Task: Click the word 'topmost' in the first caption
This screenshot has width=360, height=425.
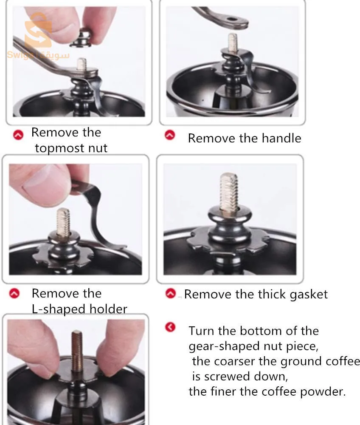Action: click(56, 148)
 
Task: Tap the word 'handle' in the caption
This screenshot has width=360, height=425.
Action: click(281, 138)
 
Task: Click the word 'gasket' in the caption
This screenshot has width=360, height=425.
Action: click(309, 295)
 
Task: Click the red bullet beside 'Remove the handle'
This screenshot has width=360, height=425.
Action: click(170, 135)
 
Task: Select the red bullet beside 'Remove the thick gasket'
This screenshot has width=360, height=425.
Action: click(171, 293)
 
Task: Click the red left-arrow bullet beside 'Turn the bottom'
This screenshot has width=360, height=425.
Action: click(170, 327)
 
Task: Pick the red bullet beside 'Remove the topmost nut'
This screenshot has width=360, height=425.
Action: click(18, 135)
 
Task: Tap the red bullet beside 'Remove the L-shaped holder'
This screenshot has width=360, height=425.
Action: click(14, 293)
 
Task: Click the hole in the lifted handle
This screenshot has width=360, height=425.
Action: click(231, 20)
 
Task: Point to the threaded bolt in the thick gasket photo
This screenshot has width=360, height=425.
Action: click(229, 192)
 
